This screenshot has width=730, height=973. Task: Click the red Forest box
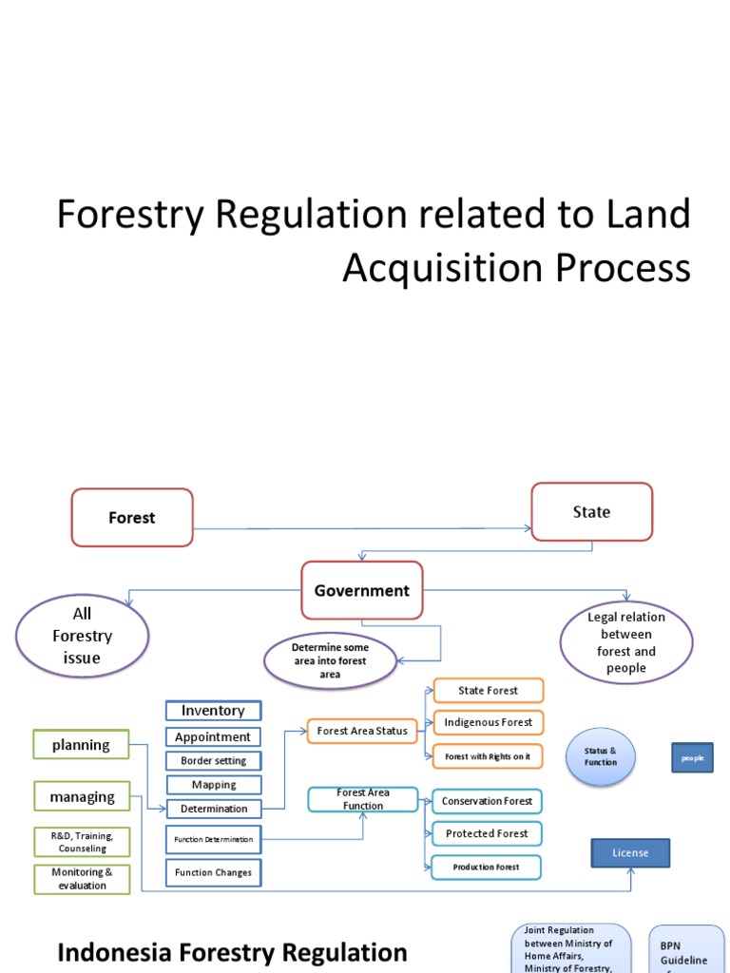132,518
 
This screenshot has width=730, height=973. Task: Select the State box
591,512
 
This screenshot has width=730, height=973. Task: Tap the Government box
362,590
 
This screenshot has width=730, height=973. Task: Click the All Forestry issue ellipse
83,637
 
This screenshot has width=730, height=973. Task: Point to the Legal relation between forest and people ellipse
626,642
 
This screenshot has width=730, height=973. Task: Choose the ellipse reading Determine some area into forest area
330,660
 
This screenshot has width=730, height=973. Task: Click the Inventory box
213,711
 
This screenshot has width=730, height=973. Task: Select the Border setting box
213,760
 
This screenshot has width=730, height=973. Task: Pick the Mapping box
213,785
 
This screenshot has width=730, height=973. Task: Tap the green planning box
81,745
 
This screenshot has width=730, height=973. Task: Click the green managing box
83,797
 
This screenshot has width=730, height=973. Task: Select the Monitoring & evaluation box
82,879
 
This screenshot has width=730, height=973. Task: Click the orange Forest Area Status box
362,731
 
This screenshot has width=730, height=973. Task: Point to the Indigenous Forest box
488,722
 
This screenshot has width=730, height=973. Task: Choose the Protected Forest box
487,833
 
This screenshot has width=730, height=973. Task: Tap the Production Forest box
486,867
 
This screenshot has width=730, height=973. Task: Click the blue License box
630,853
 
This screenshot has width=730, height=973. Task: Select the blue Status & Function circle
600,756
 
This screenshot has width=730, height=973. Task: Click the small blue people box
692,758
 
